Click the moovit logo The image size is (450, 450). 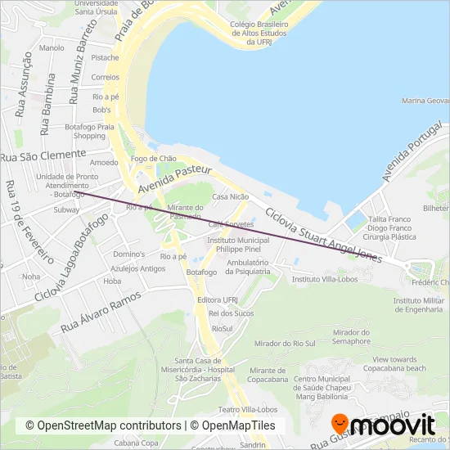pyautogui.click(x=382, y=425)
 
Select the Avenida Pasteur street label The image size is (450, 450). pyautogui.click(x=175, y=182)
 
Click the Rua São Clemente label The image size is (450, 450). pyautogui.click(x=43, y=155)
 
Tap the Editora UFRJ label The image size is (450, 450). pyautogui.click(x=217, y=299)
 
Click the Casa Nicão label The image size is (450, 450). pyautogui.click(x=230, y=197)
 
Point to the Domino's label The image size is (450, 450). pyautogui.click(x=128, y=254)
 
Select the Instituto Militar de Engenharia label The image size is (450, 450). pyautogui.click(x=418, y=305)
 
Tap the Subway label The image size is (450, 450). pyautogui.click(x=67, y=209)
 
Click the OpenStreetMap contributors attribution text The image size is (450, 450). pyautogui.click(x=103, y=425)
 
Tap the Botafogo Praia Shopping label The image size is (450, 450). pyautogui.click(x=89, y=132)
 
